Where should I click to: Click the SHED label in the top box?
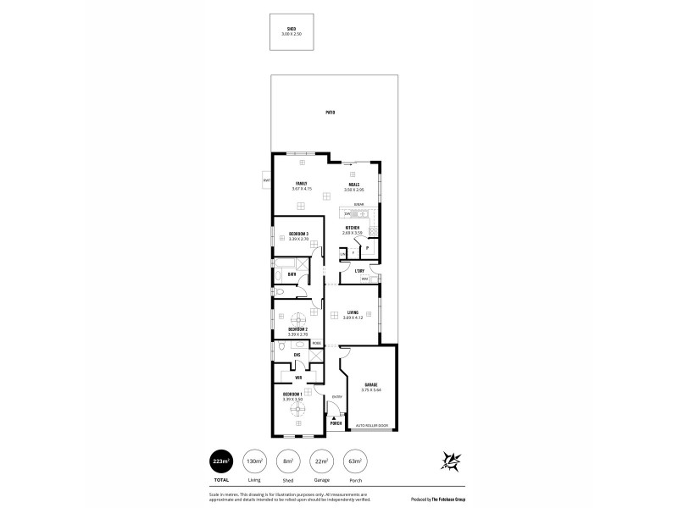click(292, 28)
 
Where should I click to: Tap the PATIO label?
click(330, 112)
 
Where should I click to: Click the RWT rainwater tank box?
click(266, 180)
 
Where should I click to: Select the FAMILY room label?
click(300, 184)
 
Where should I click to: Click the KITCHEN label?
click(353, 228)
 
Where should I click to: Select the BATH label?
click(292, 274)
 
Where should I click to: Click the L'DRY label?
click(359, 271)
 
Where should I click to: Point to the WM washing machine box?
click(364, 279)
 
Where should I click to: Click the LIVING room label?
click(353, 312)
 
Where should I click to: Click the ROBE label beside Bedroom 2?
click(316, 343)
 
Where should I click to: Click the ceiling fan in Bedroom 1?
click(297, 411)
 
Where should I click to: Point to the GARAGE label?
click(371, 384)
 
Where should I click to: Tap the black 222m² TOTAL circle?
click(222, 461)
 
